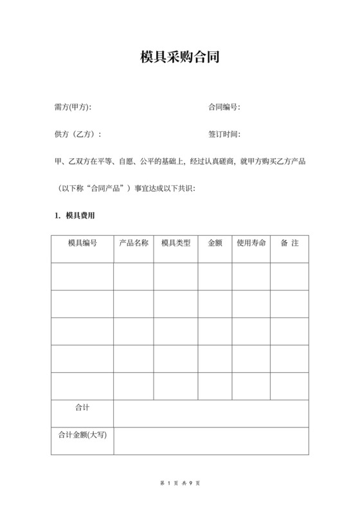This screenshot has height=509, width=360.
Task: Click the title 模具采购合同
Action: [180, 57]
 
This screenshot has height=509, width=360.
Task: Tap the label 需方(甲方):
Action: [73, 107]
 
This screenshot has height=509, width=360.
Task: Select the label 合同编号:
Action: [224, 107]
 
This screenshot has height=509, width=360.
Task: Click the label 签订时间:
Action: [224, 135]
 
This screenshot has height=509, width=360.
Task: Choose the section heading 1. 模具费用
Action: [76, 216]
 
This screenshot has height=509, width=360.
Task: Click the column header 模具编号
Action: [82, 244]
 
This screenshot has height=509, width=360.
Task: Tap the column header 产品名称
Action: [134, 244]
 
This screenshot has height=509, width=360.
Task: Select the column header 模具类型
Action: [175, 244]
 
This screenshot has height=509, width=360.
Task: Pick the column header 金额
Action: [215, 244]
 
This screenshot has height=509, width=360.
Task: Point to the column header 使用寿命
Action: [251, 244]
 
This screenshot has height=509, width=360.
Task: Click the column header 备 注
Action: [289, 244]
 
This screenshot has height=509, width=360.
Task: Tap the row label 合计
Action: [82, 407]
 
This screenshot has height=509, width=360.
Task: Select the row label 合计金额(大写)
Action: [82, 434]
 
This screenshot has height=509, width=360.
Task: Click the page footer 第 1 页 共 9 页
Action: [180, 483]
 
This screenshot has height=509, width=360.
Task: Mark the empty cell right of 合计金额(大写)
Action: [211, 441]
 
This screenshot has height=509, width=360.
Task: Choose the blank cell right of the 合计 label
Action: [211, 413]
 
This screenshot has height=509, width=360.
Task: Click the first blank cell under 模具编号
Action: [82, 276]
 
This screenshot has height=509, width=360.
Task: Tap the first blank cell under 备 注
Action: [289, 276]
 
